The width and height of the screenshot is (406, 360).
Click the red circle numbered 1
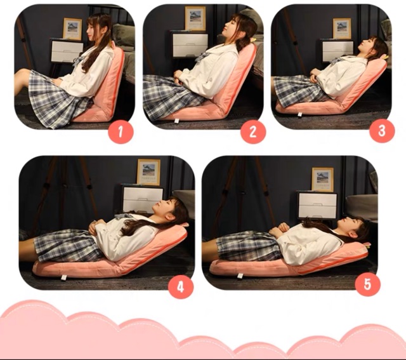click(121, 131)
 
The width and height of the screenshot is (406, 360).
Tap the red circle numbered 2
click(253, 131)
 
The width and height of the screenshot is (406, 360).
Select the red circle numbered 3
click(382, 130)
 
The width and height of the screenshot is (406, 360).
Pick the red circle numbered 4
click(181, 286)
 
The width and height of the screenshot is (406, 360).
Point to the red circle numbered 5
click(367, 284)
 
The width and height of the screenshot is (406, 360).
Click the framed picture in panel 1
click(72, 29)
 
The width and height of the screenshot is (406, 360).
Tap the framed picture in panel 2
click(195, 18)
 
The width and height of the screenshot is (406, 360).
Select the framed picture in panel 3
click(342, 28)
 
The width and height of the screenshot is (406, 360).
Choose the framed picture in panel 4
click(148, 172)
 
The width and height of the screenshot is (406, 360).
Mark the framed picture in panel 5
click(322, 179)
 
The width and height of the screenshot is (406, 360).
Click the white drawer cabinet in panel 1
click(67, 51)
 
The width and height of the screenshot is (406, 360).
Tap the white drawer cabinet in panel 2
click(189, 44)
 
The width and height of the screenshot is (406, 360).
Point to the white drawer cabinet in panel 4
click(142, 198)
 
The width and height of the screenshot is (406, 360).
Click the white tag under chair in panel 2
click(177, 121)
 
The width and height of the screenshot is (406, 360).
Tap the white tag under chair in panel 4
click(63, 277)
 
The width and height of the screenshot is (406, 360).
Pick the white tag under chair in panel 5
click(240, 276)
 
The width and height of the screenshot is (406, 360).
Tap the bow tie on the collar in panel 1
click(78, 61)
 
